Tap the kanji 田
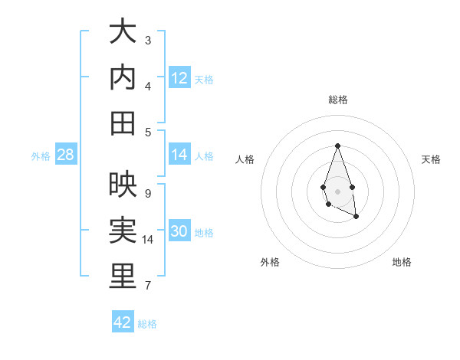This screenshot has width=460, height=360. [x=123, y=123]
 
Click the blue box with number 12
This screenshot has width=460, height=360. [x=179, y=78]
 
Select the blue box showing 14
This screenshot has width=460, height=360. [x=179, y=155]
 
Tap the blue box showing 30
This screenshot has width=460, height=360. [x=179, y=231]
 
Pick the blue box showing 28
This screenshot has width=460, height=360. [x=66, y=155]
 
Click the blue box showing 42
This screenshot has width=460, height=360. [x=123, y=322]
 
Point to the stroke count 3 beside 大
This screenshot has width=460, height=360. [x=148, y=40]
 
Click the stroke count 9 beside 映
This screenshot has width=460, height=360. [x=148, y=193]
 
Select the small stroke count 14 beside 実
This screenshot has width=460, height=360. [x=149, y=240]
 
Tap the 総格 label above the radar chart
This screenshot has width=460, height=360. [x=338, y=100]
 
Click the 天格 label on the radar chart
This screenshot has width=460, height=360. [x=431, y=159]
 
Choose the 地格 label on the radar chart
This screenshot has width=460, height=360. [x=402, y=262]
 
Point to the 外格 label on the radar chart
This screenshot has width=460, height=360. [x=270, y=262]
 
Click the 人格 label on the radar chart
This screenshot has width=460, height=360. [x=245, y=159]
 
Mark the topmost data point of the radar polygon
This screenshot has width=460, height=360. [x=337, y=146]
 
